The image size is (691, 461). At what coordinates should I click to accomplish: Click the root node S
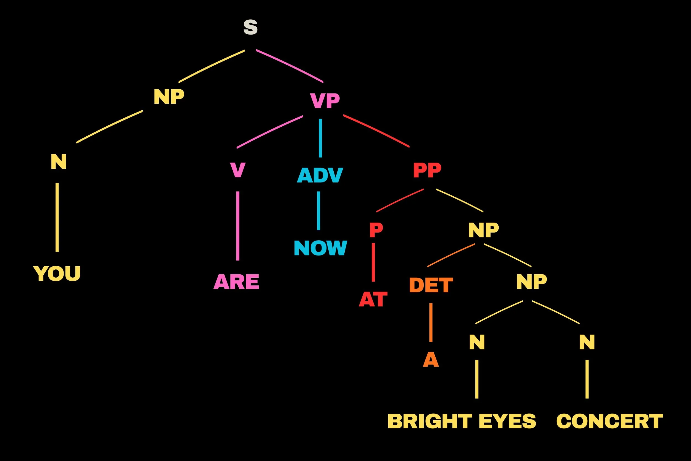[250, 27]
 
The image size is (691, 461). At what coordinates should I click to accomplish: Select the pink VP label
[325, 101]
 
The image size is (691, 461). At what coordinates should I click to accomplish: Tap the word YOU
[57, 274]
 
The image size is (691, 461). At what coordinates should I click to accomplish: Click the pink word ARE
[236, 282]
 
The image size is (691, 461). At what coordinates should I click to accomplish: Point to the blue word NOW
[320, 248]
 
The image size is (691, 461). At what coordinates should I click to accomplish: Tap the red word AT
[373, 299]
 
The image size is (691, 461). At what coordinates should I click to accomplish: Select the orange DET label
[431, 285]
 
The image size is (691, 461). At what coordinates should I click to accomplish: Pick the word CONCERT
[609, 421]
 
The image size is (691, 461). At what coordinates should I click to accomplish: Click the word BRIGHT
[430, 421]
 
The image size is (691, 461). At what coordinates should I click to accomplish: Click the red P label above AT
[376, 230]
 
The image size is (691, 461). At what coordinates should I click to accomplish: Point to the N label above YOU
[59, 162]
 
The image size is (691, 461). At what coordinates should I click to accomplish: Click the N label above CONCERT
[587, 342]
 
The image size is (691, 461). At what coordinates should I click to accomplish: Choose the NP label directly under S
[169, 97]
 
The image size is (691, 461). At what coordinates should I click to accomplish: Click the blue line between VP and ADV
[320, 138]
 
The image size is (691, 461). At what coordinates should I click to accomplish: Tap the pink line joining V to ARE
[238, 226]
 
